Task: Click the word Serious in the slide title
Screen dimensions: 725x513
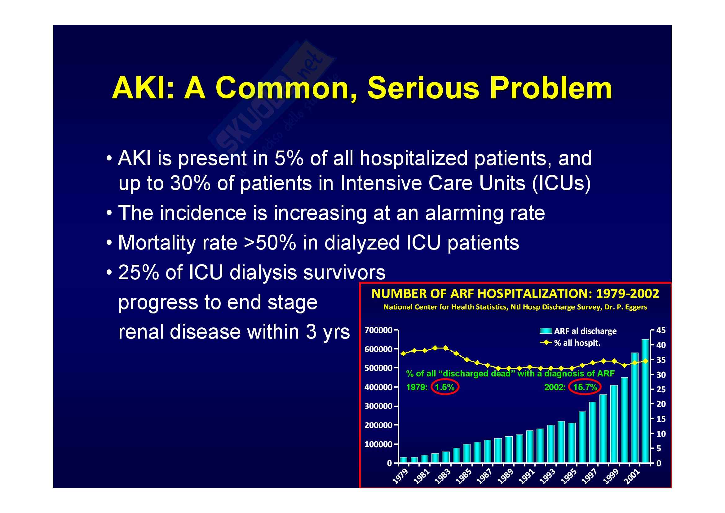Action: [x=423, y=88]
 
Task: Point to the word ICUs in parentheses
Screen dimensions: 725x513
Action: [x=561, y=183]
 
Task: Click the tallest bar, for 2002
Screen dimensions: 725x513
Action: [x=645, y=401]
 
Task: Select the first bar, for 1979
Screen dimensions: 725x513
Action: [x=404, y=460]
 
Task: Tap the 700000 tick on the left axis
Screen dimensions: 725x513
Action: [x=378, y=330]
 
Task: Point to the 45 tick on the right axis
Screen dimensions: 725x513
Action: [x=661, y=330]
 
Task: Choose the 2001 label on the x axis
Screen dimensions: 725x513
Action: [x=632, y=476]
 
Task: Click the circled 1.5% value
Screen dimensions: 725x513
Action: [x=444, y=387]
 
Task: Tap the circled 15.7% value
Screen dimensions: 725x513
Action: [x=585, y=387]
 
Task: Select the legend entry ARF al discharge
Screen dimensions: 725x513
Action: [x=578, y=331]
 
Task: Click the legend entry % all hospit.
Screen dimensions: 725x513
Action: [x=570, y=343]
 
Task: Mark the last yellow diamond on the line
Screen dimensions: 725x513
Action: [x=645, y=361]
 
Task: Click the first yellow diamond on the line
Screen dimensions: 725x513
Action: [x=404, y=353]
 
